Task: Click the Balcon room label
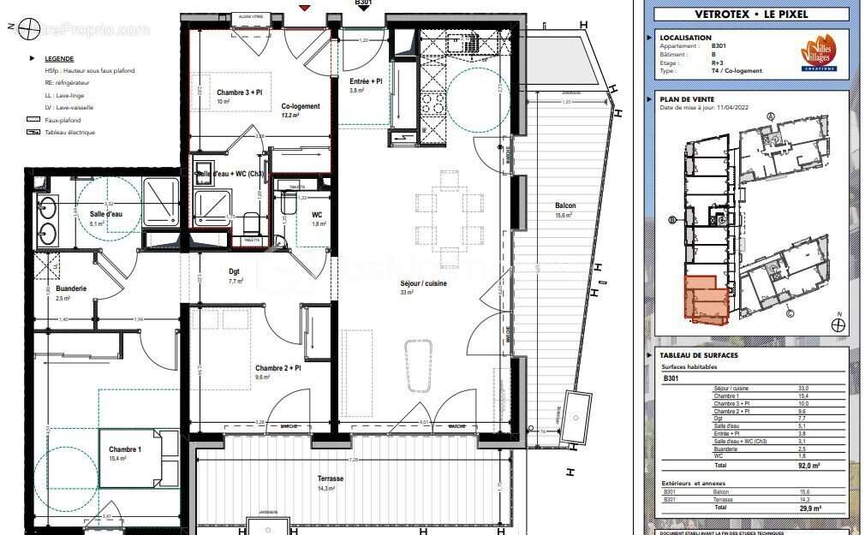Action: pos(564,205)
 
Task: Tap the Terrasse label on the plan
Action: pos(330,479)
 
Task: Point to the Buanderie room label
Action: pos(71,288)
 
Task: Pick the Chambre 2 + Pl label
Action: pos(278,367)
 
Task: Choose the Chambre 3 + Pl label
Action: pos(239,92)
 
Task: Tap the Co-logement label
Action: pos(300,106)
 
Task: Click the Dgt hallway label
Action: pos(235,270)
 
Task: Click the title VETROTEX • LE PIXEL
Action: pos(750,14)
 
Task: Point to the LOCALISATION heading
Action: pos(685,38)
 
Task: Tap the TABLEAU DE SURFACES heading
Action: pos(699,354)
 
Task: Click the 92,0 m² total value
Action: pos(808,466)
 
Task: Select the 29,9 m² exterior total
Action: pos(808,507)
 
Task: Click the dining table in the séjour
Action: pos(450,218)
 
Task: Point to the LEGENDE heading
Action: pos(59,58)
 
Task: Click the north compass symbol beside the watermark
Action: pos(29,29)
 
